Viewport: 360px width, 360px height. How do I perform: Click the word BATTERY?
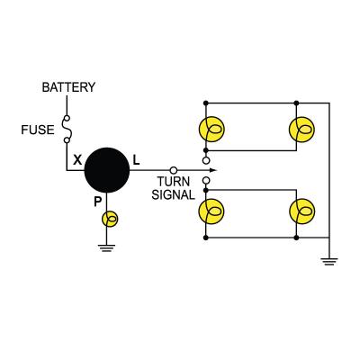click(x=68, y=87)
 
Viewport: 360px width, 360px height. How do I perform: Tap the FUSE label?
click(x=39, y=129)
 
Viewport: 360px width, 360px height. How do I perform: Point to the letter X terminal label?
click(x=77, y=160)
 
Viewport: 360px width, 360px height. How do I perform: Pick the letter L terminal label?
click(x=136, y=160)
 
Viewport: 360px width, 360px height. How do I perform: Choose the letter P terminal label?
click(x=98, y=202)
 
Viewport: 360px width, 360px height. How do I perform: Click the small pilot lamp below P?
click(x=112, y=219)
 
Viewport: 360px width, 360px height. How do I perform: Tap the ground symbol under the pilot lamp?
click(x=108, y=247)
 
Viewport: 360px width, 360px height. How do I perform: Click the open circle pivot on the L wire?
click(x=173, y=169)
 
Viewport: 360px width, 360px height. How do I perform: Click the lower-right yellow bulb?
click(x=301, y=211)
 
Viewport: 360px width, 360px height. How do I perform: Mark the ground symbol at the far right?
click(x=329, y=261)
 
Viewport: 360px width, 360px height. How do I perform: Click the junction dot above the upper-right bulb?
click(x=296, y=100)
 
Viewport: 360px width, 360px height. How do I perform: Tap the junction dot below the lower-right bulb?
click(x=296, y=238)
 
